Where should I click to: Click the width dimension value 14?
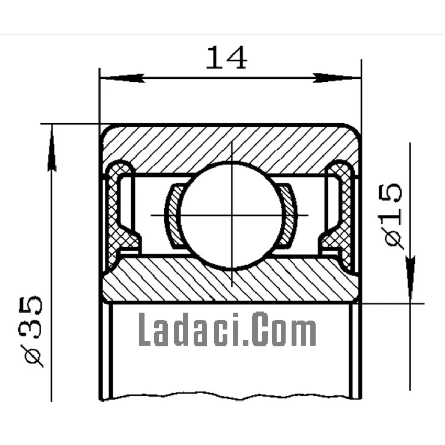coord(226,58)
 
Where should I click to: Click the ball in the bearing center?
coord(231,216)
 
